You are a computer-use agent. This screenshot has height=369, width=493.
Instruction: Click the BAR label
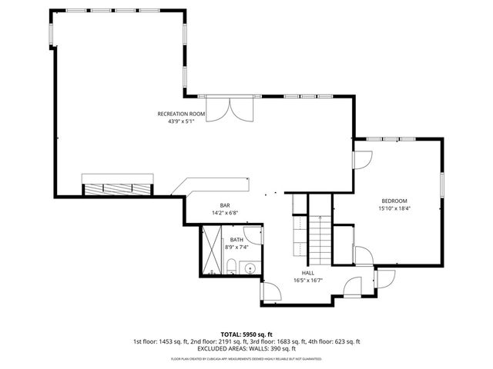point(225,205)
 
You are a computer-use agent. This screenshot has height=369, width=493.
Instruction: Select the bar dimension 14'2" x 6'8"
point(225,213)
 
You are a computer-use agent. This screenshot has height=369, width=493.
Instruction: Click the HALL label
point(308,273)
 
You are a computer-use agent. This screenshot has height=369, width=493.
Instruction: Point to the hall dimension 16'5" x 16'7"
point(308,281)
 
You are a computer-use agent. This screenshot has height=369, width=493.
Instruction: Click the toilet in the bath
point(232,267)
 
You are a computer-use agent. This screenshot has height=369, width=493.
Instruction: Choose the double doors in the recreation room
point(233,108)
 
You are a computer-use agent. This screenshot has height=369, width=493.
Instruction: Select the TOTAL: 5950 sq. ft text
point(246,334)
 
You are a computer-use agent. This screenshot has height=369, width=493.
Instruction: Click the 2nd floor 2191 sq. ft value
point(220,341)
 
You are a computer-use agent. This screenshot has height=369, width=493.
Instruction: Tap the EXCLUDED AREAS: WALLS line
point(246,349)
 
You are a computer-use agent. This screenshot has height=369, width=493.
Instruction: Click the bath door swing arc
point(253,232)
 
